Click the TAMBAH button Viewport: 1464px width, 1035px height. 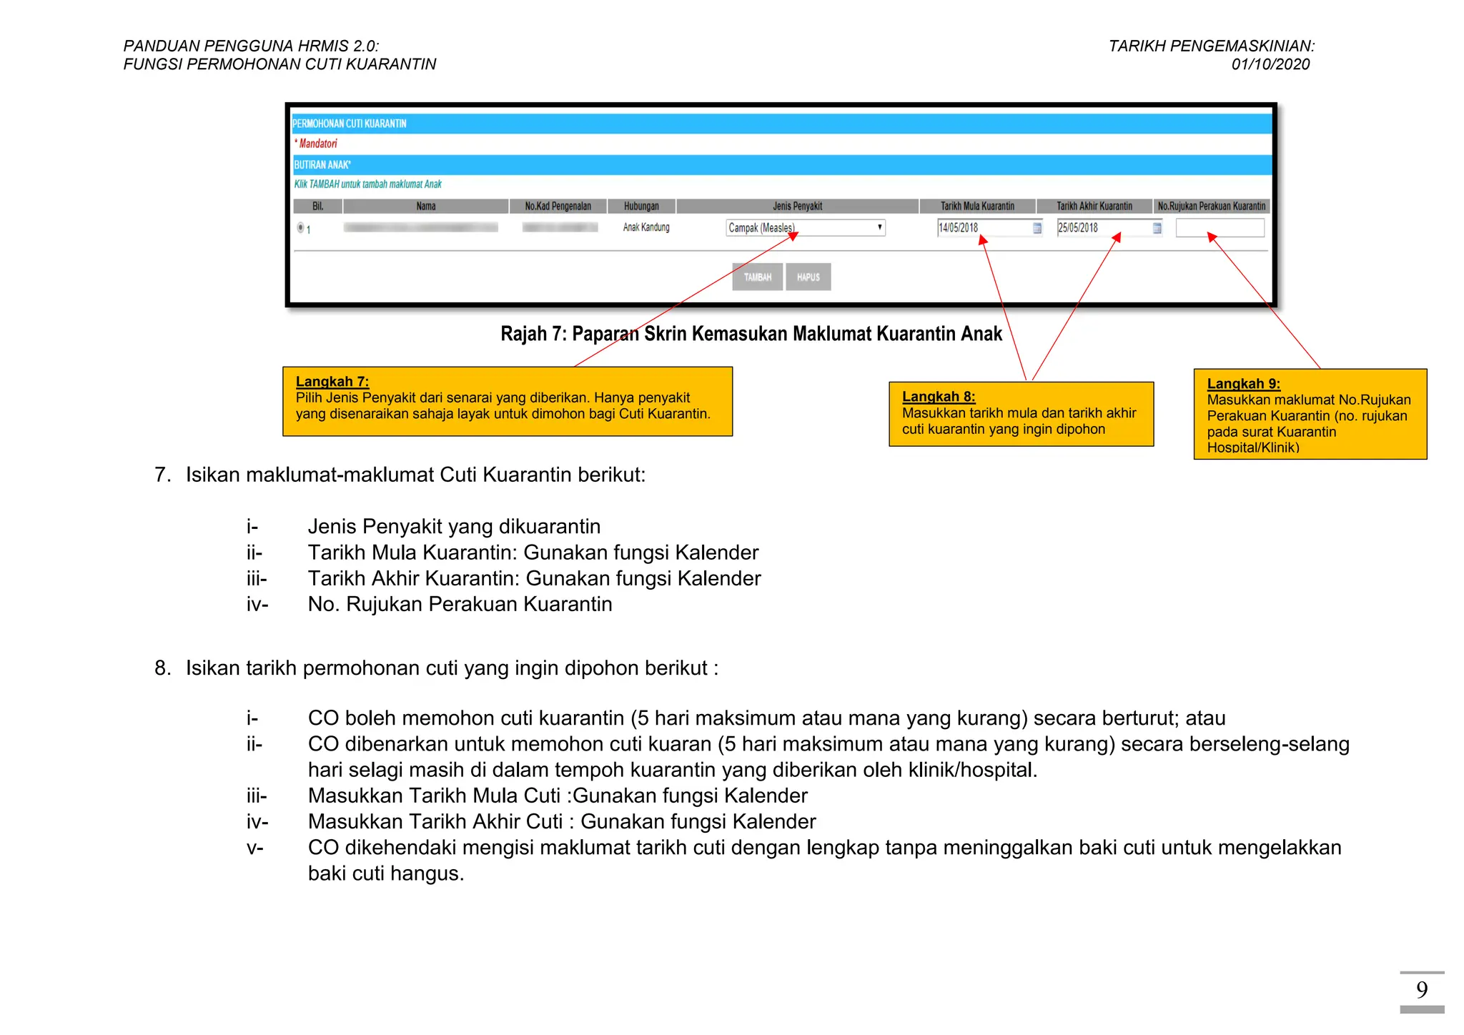coord(757,277)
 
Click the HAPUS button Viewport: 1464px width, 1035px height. coord(808,277)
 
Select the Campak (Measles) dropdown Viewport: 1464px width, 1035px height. coord(805,228)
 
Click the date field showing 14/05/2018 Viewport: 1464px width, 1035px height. coord(983,228)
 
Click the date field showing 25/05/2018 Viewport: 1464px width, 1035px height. coord(1103,228)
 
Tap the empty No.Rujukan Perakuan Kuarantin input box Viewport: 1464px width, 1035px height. coord(1220,228)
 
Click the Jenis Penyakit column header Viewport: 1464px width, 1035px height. coord(797,207)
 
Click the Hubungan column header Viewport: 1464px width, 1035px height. coord(641,207)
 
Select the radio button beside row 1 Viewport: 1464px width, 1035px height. coord(300,228)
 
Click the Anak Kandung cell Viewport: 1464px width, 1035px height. coord(646,228)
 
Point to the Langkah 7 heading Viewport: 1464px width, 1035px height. coord(332,382)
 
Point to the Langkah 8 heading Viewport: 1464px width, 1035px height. coord(939,397)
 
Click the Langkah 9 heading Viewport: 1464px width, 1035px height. coord(1243,384)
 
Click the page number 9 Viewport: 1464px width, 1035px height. coord(1421,990)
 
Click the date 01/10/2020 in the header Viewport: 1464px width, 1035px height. coord(1270,64)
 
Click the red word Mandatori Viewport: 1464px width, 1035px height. coord(317,144)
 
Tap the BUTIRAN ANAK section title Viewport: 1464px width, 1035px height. coord(322,165)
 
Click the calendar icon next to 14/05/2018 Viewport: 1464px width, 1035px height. coord(1037,228)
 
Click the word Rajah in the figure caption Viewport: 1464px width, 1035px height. coord(523,334)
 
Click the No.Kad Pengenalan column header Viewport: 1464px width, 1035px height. coord(558,207)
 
